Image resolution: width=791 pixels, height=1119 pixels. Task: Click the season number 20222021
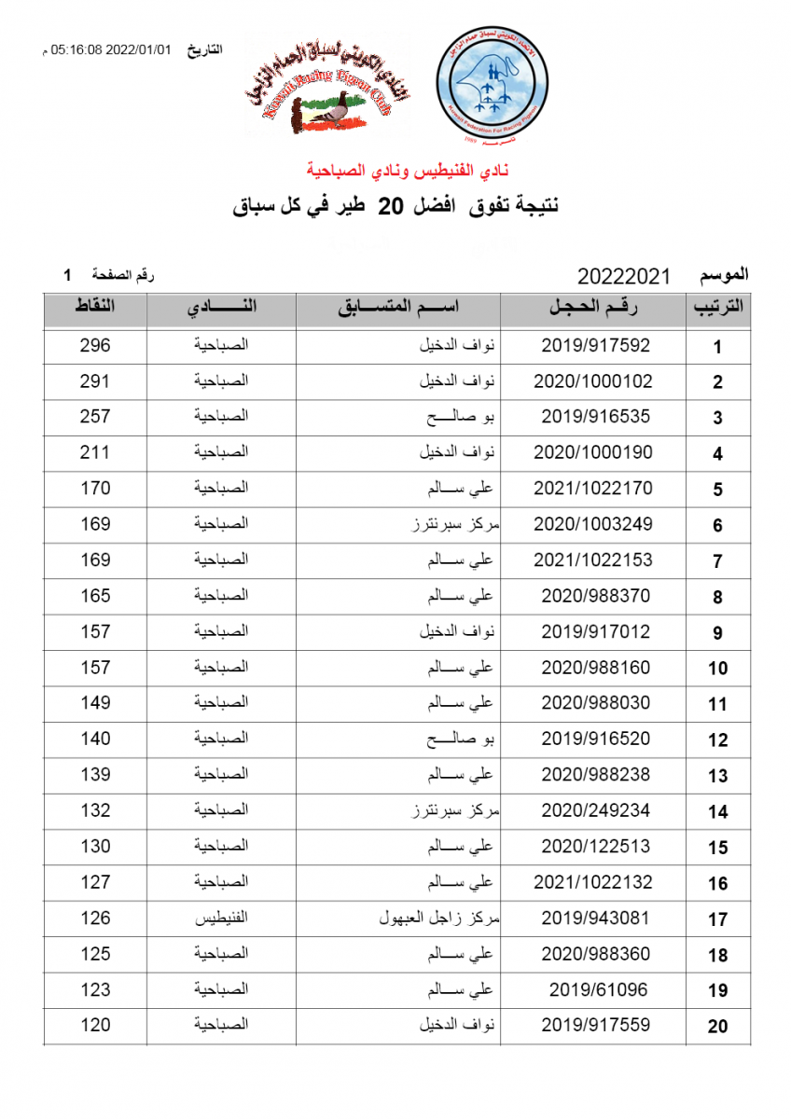point(624,276)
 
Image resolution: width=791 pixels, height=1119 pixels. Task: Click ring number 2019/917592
point(595,346)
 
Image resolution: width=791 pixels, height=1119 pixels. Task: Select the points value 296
point(95,346)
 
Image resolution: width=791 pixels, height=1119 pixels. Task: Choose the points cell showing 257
point(95,417)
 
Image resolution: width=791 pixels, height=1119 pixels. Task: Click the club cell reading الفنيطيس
point(221,919)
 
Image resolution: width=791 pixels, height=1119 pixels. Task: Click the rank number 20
point(717,1027)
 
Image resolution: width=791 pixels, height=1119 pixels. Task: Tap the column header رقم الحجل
point(594,309)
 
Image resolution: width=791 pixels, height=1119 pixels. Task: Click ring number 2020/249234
point(595,810)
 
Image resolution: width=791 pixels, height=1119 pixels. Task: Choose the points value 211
point(95,453)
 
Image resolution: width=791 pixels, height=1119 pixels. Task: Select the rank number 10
point(717,669)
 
